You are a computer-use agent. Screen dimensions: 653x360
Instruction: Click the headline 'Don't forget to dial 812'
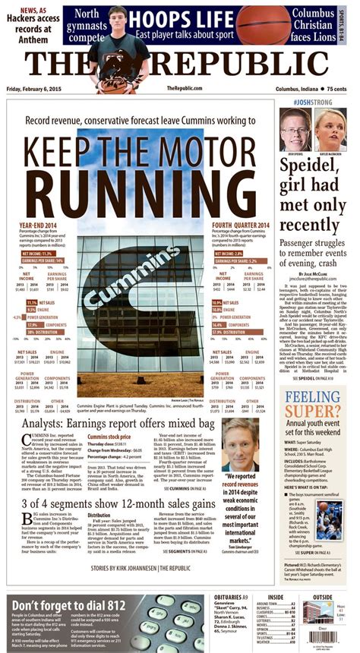click(65, 604)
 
